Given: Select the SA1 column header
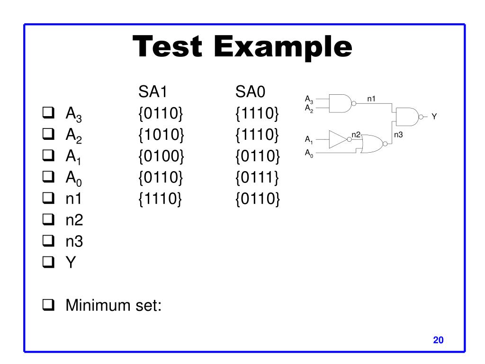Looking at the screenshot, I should click(x=153, y=91).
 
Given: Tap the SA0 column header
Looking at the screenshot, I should click(x=252, y=91).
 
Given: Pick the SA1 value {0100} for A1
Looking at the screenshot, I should click(x=161, y=156).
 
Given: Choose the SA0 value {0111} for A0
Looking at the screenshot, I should click(x=258, y=178).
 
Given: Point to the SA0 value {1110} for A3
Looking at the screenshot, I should click(x=258, y=113).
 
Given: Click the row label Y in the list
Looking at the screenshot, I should click(x=70, y=263).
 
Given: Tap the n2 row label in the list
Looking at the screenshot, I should click(x=74, y=220).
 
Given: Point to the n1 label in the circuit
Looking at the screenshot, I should click(x=371, y=99).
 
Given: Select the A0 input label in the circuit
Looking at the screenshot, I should click(x=309, y=153).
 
